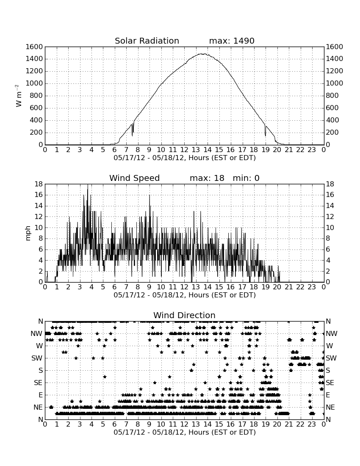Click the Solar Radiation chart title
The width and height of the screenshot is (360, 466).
click(147, 41)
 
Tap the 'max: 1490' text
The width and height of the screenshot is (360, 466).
click(232, 41)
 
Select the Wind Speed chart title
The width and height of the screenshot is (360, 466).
click(134, 178)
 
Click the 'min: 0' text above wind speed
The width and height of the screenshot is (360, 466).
click(246, 178)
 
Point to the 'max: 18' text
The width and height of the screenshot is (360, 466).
click(207, 178)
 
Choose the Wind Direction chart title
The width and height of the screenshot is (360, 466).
click(184, 315)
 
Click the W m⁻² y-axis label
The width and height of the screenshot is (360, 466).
click(18, 96)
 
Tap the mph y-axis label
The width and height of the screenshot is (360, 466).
click(28, 233)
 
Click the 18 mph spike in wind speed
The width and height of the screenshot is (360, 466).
click(88, 185)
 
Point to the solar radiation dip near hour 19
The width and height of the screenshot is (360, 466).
click(265, 136)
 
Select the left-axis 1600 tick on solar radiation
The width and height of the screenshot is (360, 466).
click(34, 47)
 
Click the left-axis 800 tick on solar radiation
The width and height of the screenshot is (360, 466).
click(36, 96)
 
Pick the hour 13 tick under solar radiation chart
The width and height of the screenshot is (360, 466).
click(196, 150)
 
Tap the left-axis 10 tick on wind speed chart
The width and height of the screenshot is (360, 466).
click(39, 227)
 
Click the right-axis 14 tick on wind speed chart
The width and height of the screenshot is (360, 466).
click(330, 205)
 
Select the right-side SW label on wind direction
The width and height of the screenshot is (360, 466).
click(331, 358)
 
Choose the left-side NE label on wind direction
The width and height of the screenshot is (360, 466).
click(38, 407)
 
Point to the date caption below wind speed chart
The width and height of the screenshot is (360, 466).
click(185, 295)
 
